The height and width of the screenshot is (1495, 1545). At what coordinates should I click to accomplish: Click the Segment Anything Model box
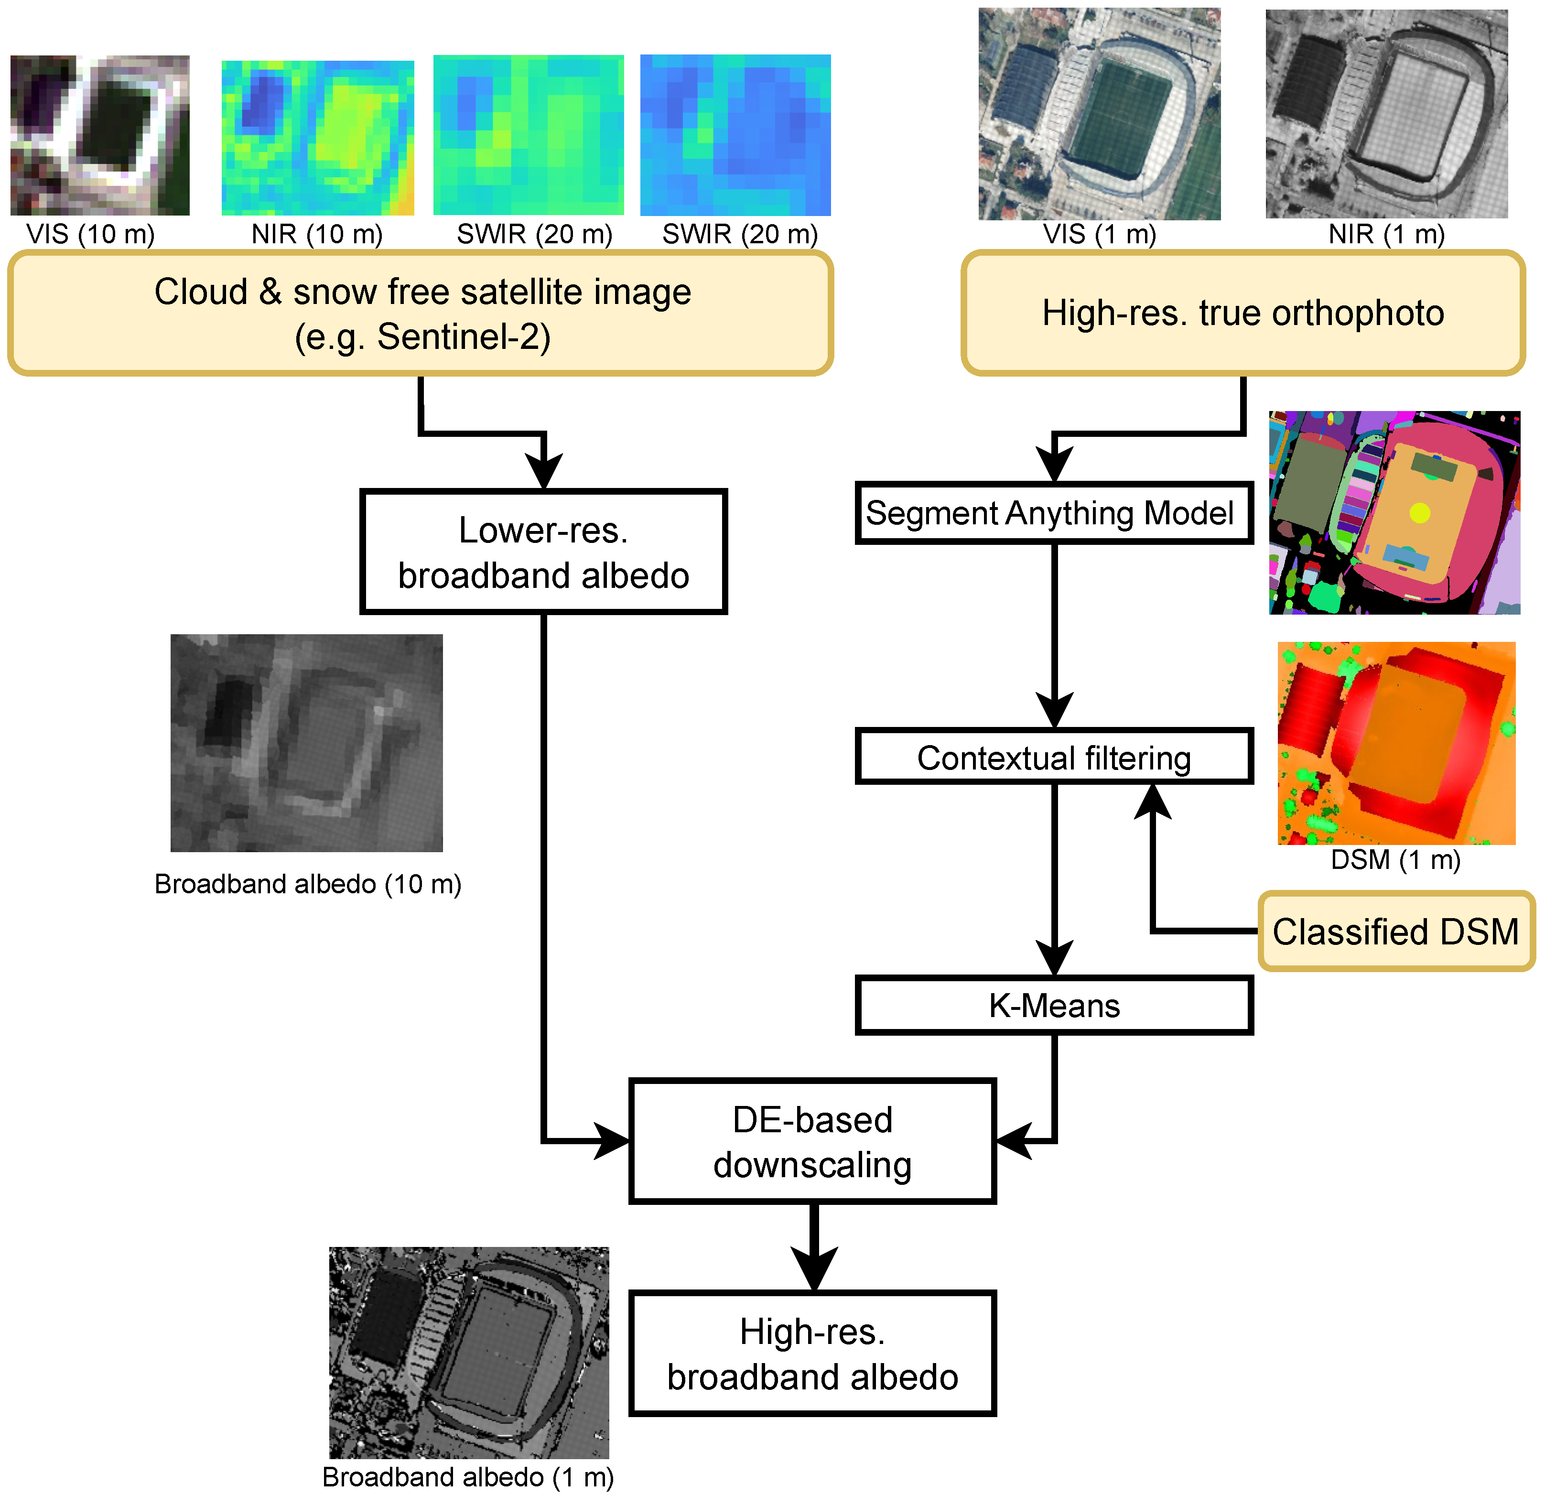click(x=1054, y=513)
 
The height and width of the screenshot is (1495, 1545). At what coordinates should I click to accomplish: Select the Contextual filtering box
click(x=1054, y=757)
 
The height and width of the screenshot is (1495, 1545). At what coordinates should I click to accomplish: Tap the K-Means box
click(x=1054, y=1005)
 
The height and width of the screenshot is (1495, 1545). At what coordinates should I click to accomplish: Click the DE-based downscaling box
click(x=812, y=1141)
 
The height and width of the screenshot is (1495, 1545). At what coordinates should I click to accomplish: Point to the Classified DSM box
click(x=1395, y=931)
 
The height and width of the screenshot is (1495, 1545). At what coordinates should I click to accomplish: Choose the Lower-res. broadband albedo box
click(x=543, y=552)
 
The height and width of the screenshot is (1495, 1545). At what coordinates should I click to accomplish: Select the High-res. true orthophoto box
click(x=1242, y=313)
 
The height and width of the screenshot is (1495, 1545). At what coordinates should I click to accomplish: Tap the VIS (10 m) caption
click(x=91, y=234)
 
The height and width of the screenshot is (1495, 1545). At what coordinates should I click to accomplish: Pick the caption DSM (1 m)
click(x=1395, y=859)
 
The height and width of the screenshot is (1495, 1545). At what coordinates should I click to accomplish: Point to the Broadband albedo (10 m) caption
click(x=307, y=884)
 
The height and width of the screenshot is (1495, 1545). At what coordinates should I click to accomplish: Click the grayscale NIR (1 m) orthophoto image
click(x=1386, y=114)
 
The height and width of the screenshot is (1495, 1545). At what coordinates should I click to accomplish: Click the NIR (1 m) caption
click(x=1386, y=234)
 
